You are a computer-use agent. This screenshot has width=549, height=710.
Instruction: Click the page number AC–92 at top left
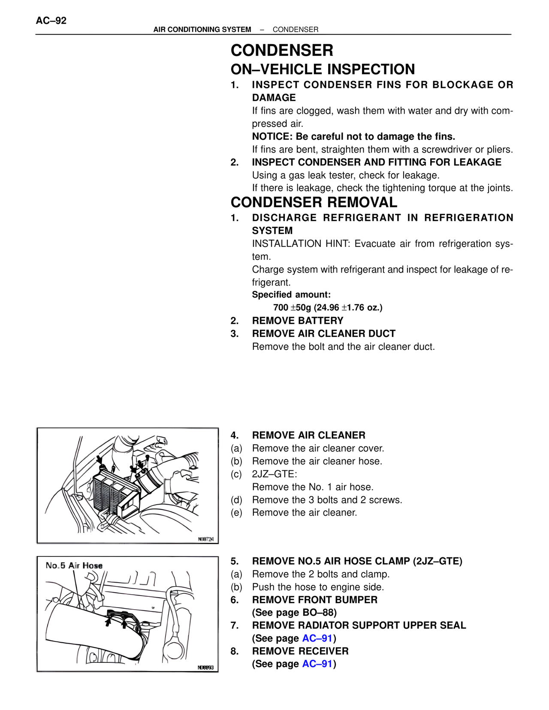(51, 21)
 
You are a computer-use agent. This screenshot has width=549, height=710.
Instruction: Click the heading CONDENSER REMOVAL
(314, 202)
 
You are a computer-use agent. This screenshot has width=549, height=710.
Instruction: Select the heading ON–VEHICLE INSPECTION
(323, 69)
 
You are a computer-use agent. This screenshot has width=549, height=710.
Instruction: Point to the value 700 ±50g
(293, 307)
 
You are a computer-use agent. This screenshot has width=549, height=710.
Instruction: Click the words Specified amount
(291, 295)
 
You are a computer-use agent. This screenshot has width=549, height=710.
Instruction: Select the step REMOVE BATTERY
(297, 321)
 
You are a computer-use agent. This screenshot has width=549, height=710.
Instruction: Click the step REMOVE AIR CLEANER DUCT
(323, 334)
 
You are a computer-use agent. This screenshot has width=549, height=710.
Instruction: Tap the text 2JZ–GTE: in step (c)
(274, 474)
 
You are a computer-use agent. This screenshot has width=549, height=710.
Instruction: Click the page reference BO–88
(319, 612)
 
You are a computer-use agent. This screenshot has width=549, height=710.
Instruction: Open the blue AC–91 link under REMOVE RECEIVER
(317, 664)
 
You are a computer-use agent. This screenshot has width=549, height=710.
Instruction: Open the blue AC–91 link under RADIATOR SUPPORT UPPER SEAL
(317, 638)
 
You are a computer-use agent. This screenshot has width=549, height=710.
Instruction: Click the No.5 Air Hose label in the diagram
(74, 566)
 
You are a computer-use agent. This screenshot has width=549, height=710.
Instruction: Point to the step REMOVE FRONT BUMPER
(314, 599)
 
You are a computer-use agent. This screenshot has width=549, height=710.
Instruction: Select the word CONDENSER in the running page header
(296, 30)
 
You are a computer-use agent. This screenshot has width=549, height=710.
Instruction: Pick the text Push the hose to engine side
(318, 587)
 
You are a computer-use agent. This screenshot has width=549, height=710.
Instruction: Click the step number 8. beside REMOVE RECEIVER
(235, 651)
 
